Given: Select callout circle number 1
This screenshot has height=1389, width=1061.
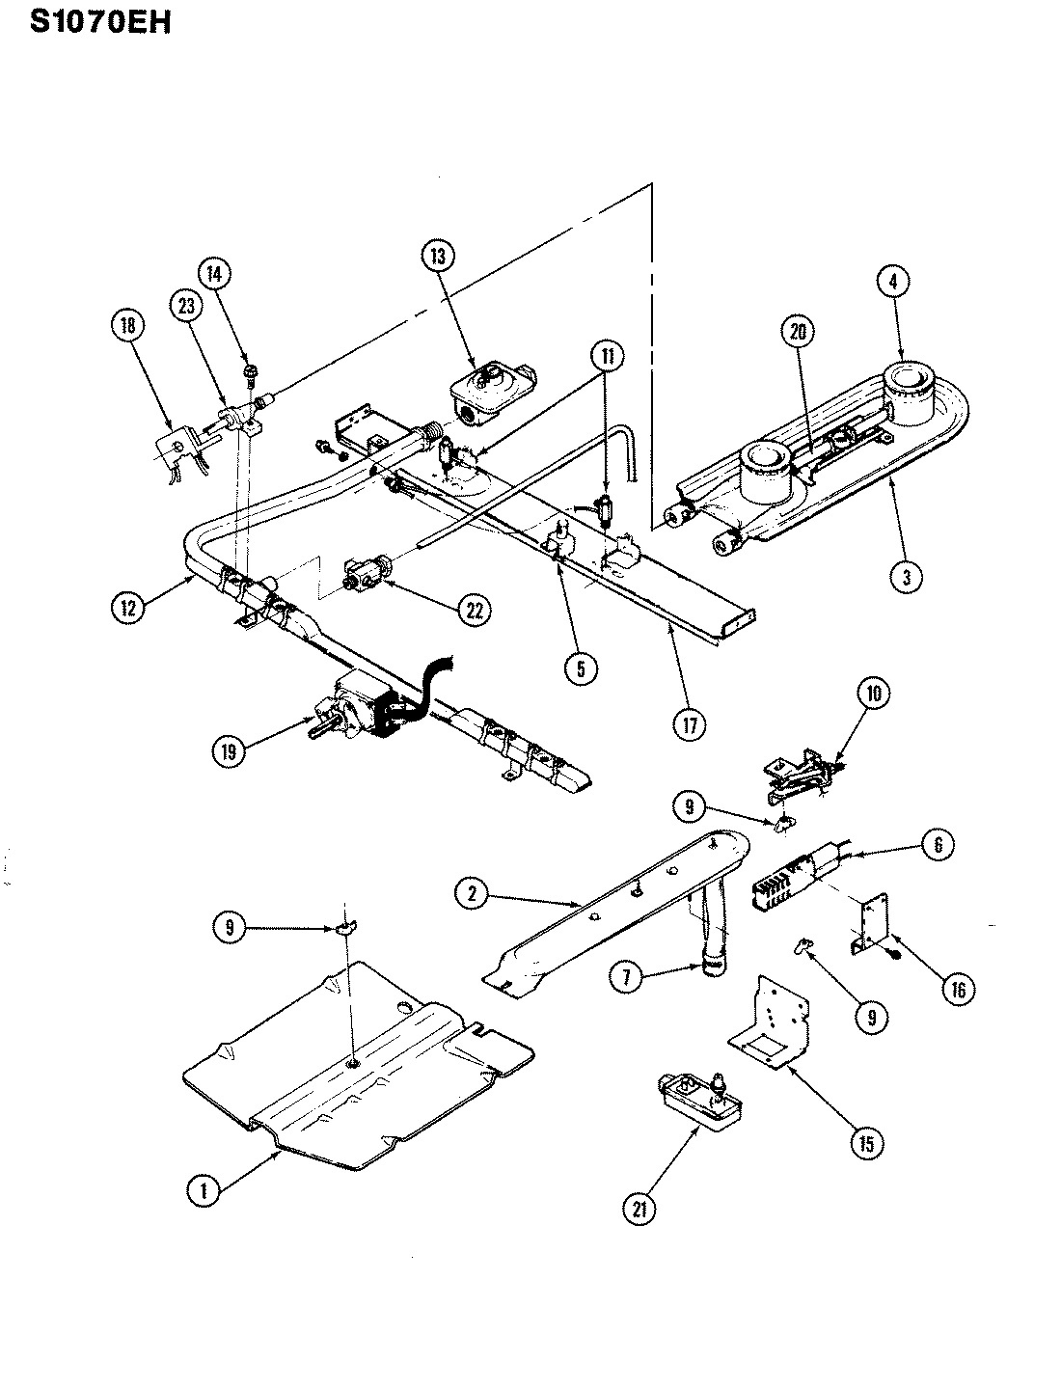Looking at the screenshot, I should (x=204, y=1190).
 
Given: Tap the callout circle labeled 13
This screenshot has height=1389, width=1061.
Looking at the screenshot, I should (x=437, y=256).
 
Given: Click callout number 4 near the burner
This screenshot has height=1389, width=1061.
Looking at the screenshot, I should (x=893, y=282).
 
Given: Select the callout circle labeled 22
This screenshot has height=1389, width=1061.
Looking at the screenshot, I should (x=474, y=610).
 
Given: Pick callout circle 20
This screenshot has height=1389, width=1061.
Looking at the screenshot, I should (x=797, y=332).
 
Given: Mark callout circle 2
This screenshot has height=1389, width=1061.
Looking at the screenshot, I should (x=472, y=893).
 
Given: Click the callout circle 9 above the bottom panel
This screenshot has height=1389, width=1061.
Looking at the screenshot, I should (x=229, y=927).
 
